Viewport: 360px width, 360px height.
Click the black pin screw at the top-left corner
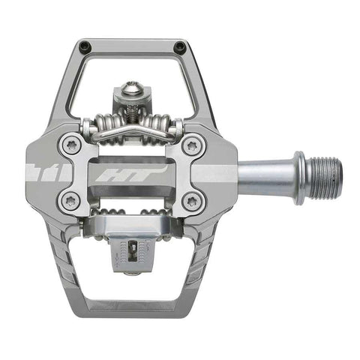tap(85, 46)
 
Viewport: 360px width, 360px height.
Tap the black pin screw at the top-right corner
tap(179, 47)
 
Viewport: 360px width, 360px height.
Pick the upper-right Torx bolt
tap(193, 145)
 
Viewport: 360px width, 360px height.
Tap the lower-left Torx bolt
tap(71, 200)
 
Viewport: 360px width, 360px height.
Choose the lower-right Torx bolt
tap(193, 200)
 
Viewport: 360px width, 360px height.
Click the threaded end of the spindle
tap(325, 174)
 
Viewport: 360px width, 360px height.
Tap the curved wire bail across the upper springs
tap(131, 135)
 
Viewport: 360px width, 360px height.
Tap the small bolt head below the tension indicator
tap(132, 271)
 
